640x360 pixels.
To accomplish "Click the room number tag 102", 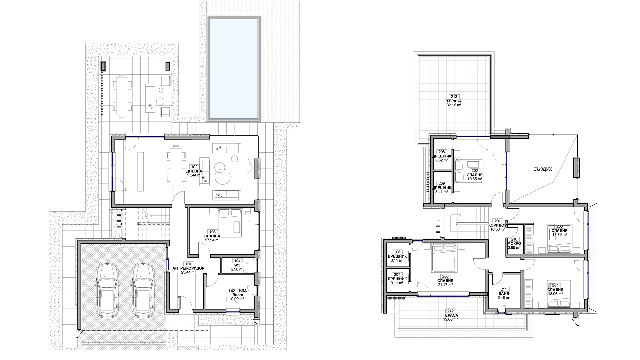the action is tap(194, 167).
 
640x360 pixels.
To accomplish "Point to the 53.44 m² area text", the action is tap(194, 175).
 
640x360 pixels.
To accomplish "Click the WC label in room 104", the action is tap(237, 265).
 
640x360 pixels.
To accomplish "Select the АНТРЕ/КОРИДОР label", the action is tap(188, 268).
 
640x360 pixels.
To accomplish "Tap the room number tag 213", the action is tap(454, 97).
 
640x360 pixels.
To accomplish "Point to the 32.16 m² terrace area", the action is tap(454, 105).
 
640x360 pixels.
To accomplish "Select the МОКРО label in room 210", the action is tap(514, 243).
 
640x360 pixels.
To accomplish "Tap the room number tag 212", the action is tap(450, 311).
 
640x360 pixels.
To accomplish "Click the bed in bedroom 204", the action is tap(558, 293).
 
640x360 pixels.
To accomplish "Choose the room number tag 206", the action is tap(397, 252).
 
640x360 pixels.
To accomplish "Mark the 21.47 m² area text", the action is tap(445, 285).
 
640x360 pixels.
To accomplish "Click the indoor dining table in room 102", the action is tap(176, 166).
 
